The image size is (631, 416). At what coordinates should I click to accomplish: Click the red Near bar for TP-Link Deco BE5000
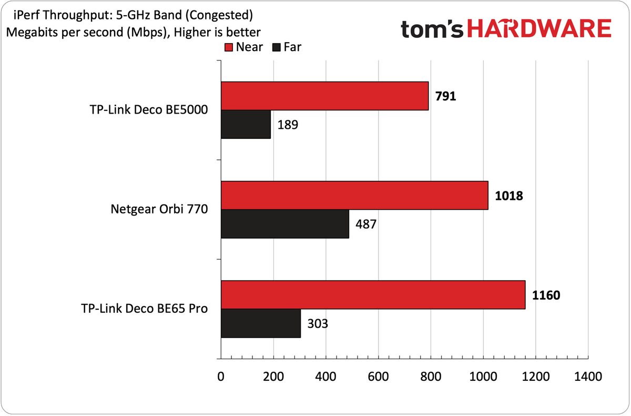click(325, 96)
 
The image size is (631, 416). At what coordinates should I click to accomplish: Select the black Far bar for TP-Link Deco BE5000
click(246, 125)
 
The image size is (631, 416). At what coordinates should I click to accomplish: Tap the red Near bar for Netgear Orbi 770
click(354, 196)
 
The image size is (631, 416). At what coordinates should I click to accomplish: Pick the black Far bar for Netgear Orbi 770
click(285, 224)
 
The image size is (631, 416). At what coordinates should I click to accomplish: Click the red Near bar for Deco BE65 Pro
click(373, 295)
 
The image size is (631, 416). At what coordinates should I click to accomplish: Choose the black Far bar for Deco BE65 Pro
click(261, 323)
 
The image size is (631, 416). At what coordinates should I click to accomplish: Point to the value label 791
click(446, 96)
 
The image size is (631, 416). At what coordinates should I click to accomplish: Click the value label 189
click(288, 125)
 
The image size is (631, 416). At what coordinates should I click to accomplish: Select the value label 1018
click(509, 196)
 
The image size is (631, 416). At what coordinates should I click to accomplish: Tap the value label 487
click(366, 225)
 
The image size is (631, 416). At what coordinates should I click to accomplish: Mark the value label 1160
click(546, 295)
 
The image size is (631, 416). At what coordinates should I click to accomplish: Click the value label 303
click(318, 324)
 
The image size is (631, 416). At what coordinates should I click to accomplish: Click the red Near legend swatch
click(229, 47)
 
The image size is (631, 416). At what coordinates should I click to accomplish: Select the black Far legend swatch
click(277, 47)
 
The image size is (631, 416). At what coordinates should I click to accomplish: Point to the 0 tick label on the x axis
click(221, 377)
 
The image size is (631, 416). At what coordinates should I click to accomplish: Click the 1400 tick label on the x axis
click(588, 377)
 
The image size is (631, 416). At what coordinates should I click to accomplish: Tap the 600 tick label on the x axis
click(378, 377)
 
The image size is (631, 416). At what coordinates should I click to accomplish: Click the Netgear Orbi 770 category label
click(159, 209)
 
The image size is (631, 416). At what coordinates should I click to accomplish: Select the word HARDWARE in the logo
click(539, 28)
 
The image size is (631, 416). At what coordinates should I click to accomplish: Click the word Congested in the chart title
click(219, 15)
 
